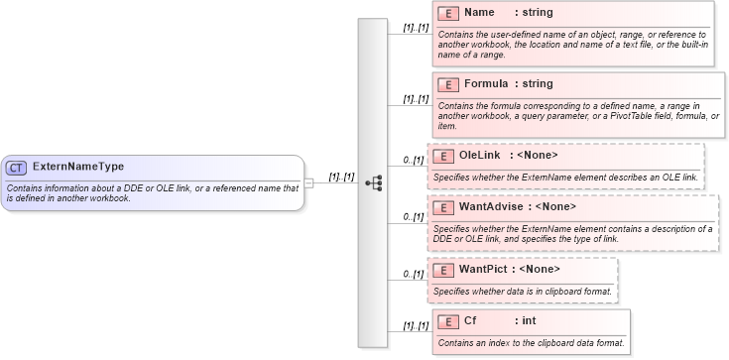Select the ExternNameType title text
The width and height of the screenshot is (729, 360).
click(x=78, y=167)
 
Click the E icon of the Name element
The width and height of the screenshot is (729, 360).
click(x=448, y=14)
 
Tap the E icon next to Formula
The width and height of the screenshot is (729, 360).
click(x=448, y=84)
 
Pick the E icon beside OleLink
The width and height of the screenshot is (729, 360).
click(x=444, y=156)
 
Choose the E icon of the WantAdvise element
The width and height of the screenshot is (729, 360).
click(x=444, y=208)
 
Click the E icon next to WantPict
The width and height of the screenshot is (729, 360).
click(x=444, y=270)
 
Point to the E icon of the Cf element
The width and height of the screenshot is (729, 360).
click(x=448, y=321)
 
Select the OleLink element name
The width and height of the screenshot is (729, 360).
click(x=480, y=156)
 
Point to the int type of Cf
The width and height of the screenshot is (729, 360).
click(x=529, y=321)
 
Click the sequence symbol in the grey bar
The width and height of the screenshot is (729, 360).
click(x=373, y=182)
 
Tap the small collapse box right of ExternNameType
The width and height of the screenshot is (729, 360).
click(x=309, y=182)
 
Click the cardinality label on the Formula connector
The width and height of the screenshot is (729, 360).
click(x=415, y=99)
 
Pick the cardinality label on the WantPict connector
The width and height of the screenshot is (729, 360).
click(x=414, y=275)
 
